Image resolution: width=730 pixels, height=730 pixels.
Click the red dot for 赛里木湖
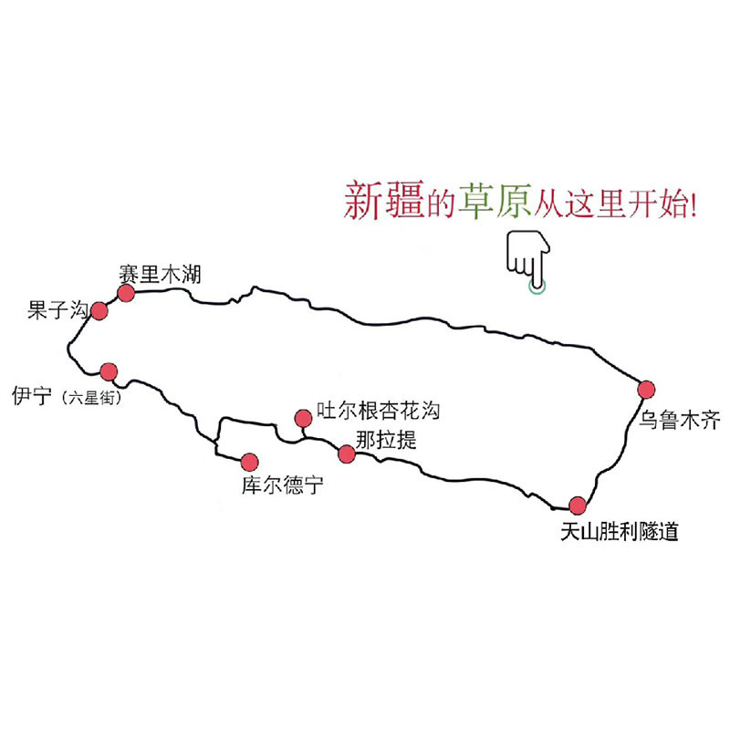(x=126, y=292)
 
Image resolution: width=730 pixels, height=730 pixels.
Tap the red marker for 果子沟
(x=99, y=311)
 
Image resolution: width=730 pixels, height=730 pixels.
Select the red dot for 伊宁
(x=109, y=371)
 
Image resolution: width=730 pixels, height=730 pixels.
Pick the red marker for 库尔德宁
(x=248, y=461)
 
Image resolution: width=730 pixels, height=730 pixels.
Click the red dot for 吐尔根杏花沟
(x=302, y=418)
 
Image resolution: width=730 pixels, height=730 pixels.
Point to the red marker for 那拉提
(x=347, y=454)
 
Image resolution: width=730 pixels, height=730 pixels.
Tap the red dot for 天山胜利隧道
(x=578, y=505)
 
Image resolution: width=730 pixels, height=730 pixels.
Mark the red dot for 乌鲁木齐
(x=647, y=389)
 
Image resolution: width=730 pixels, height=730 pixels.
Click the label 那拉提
(x=387, y=440)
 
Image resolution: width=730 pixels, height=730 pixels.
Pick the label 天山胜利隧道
(x=620, y=531)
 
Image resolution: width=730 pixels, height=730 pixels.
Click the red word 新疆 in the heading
(x=383, y=198)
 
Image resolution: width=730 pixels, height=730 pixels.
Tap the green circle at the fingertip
(x=538, y=287)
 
